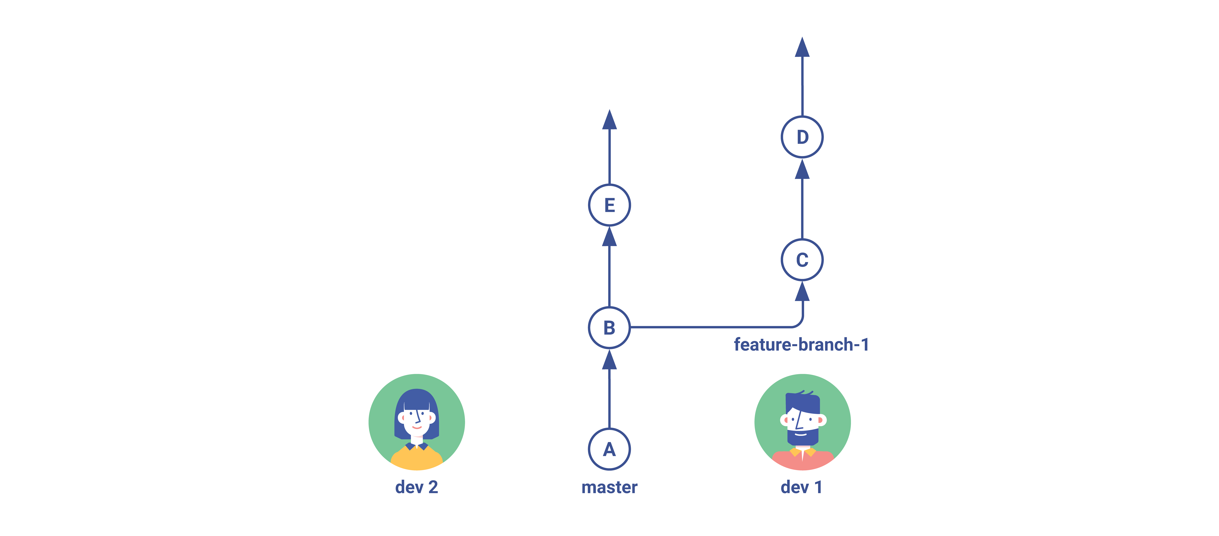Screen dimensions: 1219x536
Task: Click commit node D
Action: (802, 137)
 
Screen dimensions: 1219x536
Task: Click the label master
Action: (610, 487)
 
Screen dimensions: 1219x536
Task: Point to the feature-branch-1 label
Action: (801, 344)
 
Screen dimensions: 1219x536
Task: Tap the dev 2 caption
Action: (416, 487)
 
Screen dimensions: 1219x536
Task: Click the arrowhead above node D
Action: (802, 47)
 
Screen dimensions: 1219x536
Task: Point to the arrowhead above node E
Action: (610, 119)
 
